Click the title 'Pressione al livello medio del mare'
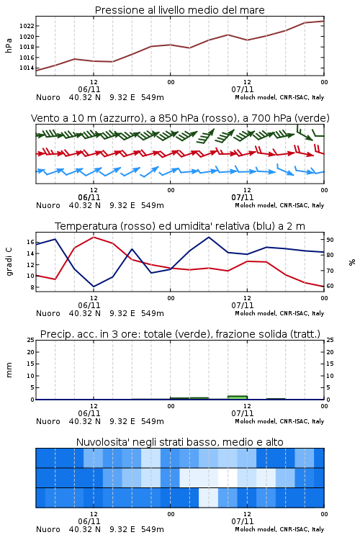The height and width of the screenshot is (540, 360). coord(179,10)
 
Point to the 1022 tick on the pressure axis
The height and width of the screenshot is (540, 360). coord(27,26)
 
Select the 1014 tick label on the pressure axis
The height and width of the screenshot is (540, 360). coord(27,68)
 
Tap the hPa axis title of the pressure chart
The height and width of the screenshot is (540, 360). coord(9,45)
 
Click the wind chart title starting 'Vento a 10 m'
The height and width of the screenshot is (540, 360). coord(180,118)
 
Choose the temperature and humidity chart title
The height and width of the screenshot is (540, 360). coord(180,226)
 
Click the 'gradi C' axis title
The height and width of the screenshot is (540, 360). coord(9,262)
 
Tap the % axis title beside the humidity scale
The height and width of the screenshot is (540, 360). coord(352,262)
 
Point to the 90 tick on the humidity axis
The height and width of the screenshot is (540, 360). coord(330,240)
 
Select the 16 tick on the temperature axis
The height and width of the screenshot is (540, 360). coord(30,242)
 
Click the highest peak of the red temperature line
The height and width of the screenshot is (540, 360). coord(94,238)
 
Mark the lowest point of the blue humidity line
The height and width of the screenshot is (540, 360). coord(94,287)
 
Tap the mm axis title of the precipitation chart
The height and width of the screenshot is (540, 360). coord(9,370)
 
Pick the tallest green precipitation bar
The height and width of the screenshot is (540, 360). coord(238,397)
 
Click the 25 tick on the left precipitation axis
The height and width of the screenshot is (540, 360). coord(30,340)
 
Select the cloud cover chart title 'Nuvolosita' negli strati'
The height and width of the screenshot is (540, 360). coord(179,442)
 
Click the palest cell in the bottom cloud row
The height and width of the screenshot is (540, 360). coord(208,498)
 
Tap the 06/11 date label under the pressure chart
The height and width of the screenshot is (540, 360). coord(89,89)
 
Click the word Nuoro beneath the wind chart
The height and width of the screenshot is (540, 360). coord(48,205)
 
